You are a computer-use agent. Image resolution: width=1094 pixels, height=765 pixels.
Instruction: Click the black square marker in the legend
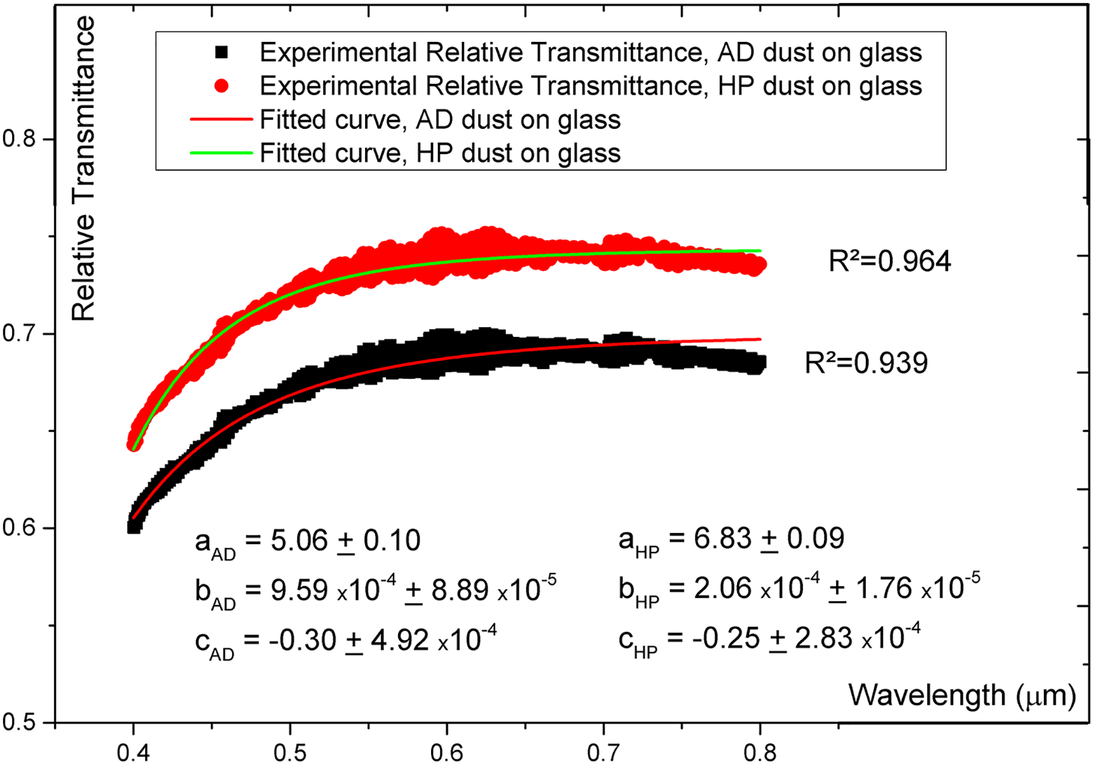(221, 53)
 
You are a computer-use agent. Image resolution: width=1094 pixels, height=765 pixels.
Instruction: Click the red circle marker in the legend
(221, 86)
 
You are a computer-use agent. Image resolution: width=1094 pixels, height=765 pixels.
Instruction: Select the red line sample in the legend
(221, 119)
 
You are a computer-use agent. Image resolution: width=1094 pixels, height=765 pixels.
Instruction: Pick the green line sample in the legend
(221, 153)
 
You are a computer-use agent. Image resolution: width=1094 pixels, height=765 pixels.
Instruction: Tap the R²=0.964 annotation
(889, 261)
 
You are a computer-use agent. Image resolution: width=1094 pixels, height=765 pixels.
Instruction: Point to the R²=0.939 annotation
(866, 363)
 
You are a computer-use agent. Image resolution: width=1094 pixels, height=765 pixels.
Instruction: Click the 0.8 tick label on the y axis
(19, 138)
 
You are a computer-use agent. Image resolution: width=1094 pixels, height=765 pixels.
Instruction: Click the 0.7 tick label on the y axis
(19, 334)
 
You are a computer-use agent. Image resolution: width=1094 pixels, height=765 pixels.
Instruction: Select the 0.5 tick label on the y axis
(19, 723)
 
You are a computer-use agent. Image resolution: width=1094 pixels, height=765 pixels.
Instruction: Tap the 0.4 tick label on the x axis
(133, 753)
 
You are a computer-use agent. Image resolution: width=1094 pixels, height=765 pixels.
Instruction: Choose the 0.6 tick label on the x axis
(446, 753)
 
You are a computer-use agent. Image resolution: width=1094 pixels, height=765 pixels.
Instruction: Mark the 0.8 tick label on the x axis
(759, 753)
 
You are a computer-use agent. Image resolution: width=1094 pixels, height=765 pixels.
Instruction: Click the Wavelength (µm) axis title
(962, 695)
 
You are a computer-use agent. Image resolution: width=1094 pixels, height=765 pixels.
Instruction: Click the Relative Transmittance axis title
(83, 168)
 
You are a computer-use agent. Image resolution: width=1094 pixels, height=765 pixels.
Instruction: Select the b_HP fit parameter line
(799, 589)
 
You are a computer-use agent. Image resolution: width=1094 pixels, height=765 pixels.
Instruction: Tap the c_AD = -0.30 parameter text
(345, 641)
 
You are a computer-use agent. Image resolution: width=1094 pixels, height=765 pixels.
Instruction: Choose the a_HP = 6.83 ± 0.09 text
(731, 540)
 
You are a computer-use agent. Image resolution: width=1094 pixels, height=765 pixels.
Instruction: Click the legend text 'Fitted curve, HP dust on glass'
(440, 153)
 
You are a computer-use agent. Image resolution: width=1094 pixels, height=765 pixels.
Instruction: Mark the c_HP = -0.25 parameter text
(769, 639)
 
